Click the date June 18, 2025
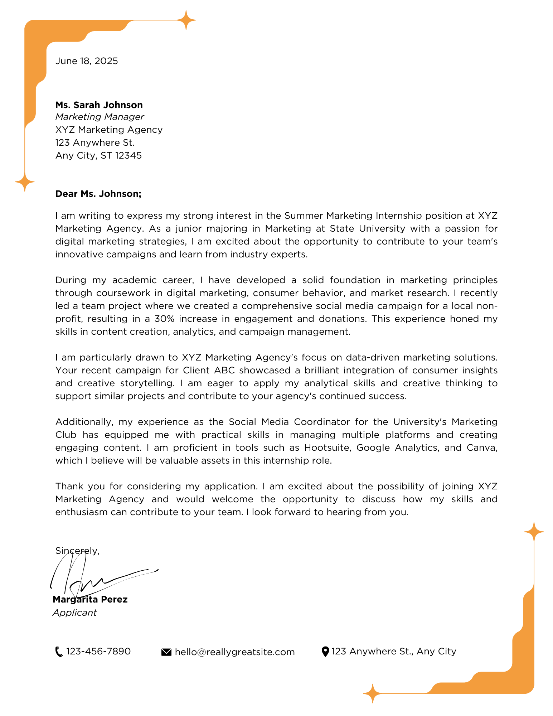coord(86,61)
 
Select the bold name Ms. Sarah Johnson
coord(99,105)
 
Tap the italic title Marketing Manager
coord(100,117)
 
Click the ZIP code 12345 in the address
coord(128,155)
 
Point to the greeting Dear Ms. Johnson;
coord(98,194)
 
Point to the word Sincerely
coord(77,551)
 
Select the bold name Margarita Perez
coord(90,599)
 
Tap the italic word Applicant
coord(74,613)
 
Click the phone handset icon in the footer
coord(59,652)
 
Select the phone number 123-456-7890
coord(98,651)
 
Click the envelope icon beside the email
coord(166,652)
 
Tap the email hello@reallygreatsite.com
coord(234,652)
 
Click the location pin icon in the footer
coord(325,652)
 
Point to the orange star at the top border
coord(186,20)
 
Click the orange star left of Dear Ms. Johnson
coord(25,182)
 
